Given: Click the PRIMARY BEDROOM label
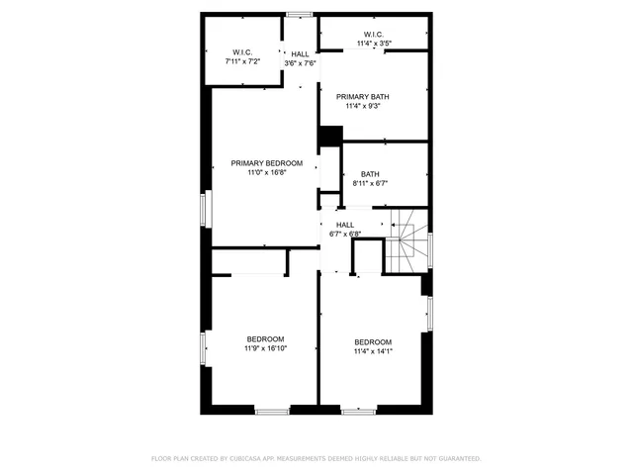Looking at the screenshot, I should click(267, 162).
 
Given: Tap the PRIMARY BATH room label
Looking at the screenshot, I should click(362, 96).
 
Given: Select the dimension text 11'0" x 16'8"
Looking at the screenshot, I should click(267, 172).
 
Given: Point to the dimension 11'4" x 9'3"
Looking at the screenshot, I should click(362, 106).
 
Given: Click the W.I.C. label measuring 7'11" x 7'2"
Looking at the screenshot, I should click(243, 51).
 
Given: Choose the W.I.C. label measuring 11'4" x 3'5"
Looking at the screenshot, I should click(374, 35).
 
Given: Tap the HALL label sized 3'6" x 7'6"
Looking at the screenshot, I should click(299, 53).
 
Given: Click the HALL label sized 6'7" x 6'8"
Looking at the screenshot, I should click(344, 225).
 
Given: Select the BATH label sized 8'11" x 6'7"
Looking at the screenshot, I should click(369, 174).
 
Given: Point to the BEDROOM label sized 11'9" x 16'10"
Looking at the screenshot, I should click(265, 338).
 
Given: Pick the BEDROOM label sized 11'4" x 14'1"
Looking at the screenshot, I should click(373, 341).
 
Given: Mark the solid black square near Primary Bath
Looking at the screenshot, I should click(330, 135).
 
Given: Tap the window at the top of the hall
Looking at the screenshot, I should click(300, 14).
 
